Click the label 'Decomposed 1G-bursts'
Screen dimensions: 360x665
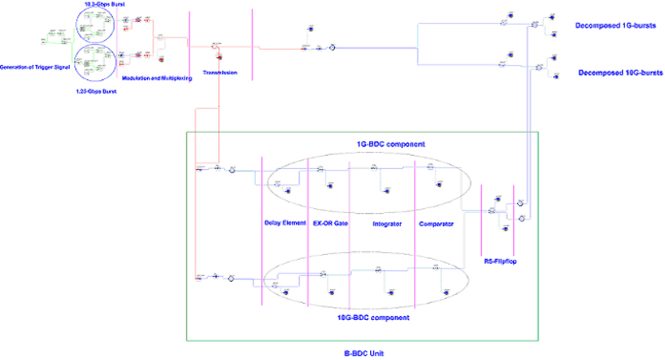pyautogui.click(x=613, y=26)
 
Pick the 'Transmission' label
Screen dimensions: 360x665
pyautogui.click(x=220, y=74)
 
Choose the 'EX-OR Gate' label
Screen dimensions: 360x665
pyautogui.click(x=329, y=224)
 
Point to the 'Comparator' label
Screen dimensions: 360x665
pyautogui.click(x=436, y=224)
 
